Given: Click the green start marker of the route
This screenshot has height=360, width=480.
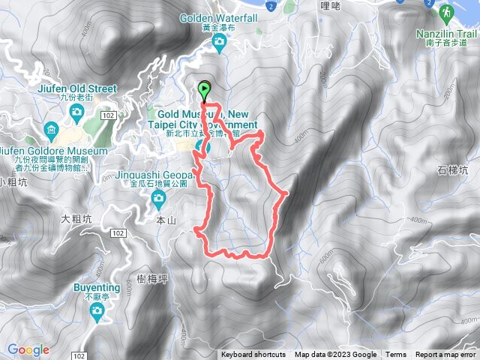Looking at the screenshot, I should click(205, 90).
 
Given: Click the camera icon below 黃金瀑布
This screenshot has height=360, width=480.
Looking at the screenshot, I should click(218, 42).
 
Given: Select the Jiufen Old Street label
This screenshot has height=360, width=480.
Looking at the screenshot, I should click(76, 88).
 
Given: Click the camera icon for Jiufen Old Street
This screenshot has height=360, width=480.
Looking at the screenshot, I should click(76, 112).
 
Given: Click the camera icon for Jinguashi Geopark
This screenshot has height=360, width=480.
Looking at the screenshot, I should click(158, 198).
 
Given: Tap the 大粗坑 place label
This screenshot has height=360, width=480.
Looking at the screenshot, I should click(76, 219).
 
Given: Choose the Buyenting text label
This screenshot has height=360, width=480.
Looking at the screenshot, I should click(97, 287).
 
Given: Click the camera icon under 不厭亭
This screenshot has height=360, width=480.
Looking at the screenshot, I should click(97, 314).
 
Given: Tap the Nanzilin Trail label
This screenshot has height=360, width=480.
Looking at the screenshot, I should click(447, 34).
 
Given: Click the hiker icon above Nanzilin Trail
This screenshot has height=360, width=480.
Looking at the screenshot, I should click(447, 12).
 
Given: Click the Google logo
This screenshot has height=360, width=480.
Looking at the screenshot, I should click(28, 349).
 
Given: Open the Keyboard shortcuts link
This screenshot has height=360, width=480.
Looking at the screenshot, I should click(253, 355).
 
